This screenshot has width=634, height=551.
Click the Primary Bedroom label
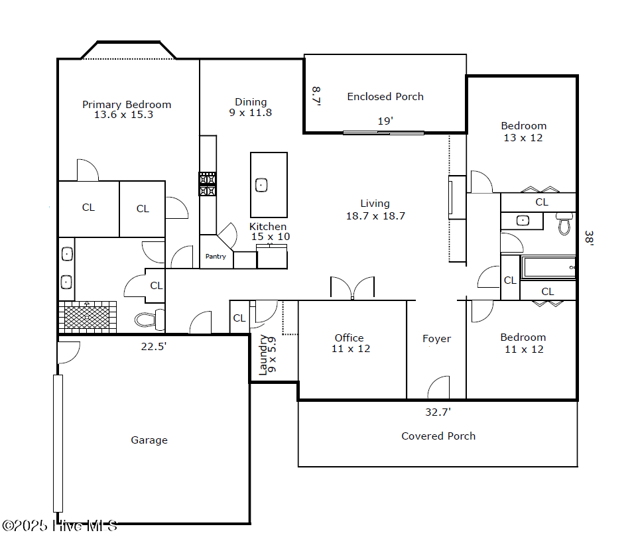pyautogui.click(x=127, y=105)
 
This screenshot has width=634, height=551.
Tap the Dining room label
pyautogui.click(x=251, y=102)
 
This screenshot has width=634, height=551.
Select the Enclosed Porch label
pyautogui.click(x=385, y=97)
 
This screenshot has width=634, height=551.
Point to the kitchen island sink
pyautogui.click(x=261, y=185)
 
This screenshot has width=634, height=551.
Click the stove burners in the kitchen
pyautogui.click(x=207, y=184)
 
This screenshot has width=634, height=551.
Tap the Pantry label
pyautogui.click(x=216, y=257)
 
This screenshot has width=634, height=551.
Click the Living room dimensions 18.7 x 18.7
pyautogui.click(x=375, y=216)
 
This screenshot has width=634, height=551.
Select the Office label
pyautogui.click(x=349, y=338)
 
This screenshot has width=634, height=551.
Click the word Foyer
pyautogui.click(x=436, y=339)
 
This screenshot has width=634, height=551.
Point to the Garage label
pyautogui.click(x=149, y=440)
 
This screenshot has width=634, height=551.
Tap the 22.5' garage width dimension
pyautogui.click(x=154, y=346)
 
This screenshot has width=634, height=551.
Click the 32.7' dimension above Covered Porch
pyautogui.click(x=438, y=412)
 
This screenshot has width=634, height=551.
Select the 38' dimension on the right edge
pyautogui.click(x=589, y=238)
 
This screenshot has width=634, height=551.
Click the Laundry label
pyautogui.click(x=263, y=355)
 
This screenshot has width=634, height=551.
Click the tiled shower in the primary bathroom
pyautogui.click(x=88, y=317)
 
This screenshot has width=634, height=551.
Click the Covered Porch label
pyautogui.click(x=438, y=436)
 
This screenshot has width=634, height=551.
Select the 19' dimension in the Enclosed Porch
pyautogui.click(x=385, y=121)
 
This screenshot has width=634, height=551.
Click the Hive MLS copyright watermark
pyautogui.click(x=60, y=526)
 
